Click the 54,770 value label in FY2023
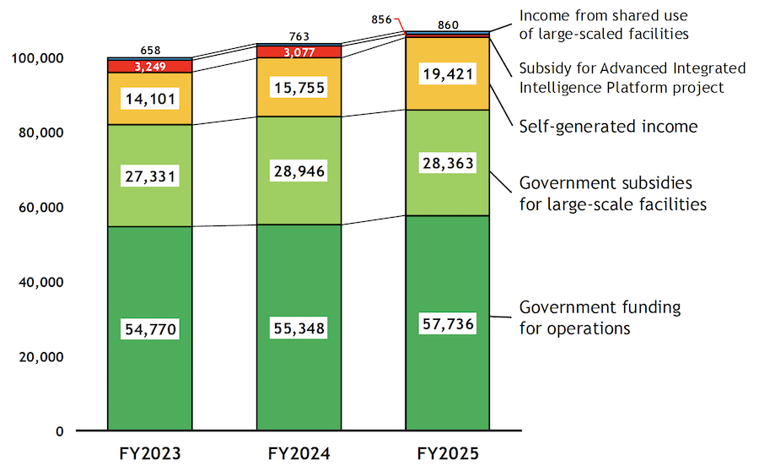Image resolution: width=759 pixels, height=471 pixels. coord(149,329)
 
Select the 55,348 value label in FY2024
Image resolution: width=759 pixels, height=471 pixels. coord(299,328)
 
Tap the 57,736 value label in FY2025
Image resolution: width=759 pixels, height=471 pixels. coord(448,324)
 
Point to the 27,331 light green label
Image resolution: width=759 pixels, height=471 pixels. coord(149,176)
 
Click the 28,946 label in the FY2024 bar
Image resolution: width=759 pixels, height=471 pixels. coord(299,171)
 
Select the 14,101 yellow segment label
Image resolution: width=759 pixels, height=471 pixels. coord(149,99)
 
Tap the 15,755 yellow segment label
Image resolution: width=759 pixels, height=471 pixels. coord(299,88)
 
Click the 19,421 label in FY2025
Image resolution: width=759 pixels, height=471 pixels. coord(448,74)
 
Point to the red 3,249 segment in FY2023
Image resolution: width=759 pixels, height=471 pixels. coord(149,66)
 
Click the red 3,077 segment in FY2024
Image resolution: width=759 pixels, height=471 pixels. coord(299,52)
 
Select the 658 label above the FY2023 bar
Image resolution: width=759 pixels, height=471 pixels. coord(149,51)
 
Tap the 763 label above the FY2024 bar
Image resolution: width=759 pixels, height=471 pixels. coord(299,36)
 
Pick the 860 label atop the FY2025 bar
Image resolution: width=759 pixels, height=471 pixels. coord(448,25)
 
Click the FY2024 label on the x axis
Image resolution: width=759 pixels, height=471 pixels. coord(299,454)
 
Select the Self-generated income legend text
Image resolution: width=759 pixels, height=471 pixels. coord(608,127)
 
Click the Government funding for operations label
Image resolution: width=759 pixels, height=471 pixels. coord(600,317)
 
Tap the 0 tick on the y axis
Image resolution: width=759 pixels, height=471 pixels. coord(60,431)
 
